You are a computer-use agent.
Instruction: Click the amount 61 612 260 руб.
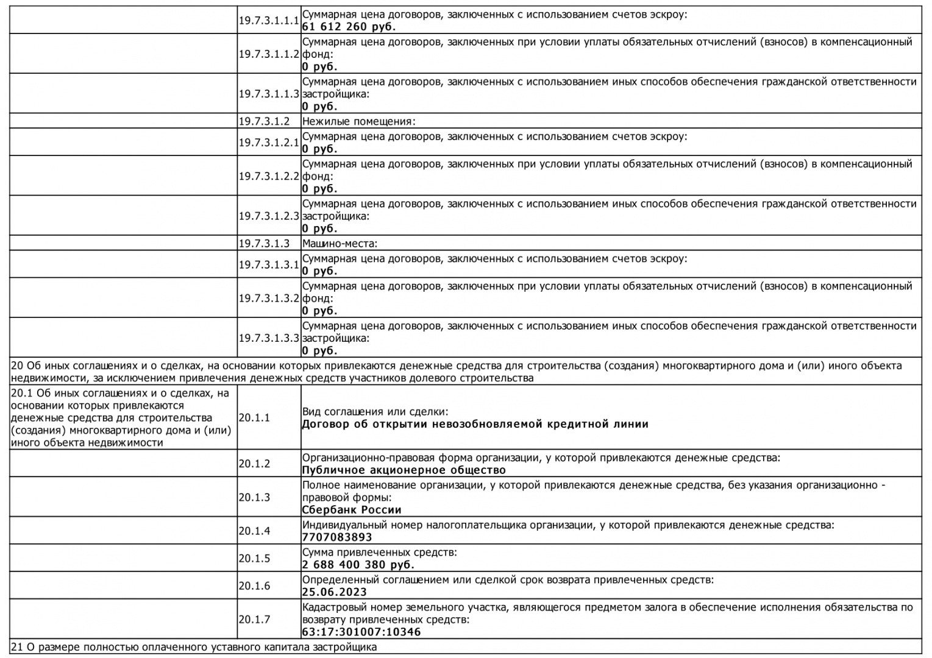point(349,27)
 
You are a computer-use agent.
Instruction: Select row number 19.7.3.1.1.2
point(268,54)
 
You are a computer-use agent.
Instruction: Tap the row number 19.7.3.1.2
point(264,121)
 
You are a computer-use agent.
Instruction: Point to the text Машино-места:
point(340,243)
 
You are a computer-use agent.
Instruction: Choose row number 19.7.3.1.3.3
point(268,338)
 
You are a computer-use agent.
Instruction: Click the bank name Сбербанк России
point(351,509)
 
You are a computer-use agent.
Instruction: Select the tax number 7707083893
point(336,537)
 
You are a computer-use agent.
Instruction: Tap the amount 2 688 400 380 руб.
point(358,564)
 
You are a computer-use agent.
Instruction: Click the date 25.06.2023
point(334,592)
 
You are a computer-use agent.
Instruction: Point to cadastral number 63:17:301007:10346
point(361,632)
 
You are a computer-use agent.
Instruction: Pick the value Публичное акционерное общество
point(404,470)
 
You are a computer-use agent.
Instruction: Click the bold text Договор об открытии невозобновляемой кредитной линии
point(475,424)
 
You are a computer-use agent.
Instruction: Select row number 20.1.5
point(254,558)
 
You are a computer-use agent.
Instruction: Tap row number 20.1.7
point(254,619)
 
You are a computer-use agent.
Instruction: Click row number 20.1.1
point(254,418)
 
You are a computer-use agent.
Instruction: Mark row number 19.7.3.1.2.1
point(268,143)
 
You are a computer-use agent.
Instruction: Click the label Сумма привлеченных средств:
point(379,552)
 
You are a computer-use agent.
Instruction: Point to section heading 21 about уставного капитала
point(194,647)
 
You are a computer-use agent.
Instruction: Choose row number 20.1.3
point(254,497)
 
